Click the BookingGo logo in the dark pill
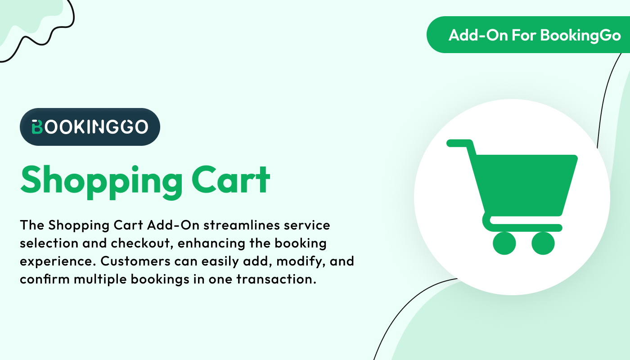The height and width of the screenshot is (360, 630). [x=90, y=127]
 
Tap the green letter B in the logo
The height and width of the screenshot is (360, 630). [x=37, y=127]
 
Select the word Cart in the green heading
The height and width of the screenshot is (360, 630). [x=230, y=180]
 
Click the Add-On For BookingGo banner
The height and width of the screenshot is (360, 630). [x=528, y=35]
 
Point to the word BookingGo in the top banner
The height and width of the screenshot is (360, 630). [x=580, y=36]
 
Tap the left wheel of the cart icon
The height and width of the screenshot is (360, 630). [x=504, y=243]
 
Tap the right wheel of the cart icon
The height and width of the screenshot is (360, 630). [x=543, y=243]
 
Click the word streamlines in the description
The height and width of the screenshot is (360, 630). [x=242, y=225]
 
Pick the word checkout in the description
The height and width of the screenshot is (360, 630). [x=142, y=243]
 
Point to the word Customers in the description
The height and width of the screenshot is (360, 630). [x=135, y=261]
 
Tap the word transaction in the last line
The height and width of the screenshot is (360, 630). [x=276, y=279]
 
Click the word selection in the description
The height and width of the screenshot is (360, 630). [x=49, y=243]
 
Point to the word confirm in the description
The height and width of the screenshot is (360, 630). [x=45, y=279]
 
